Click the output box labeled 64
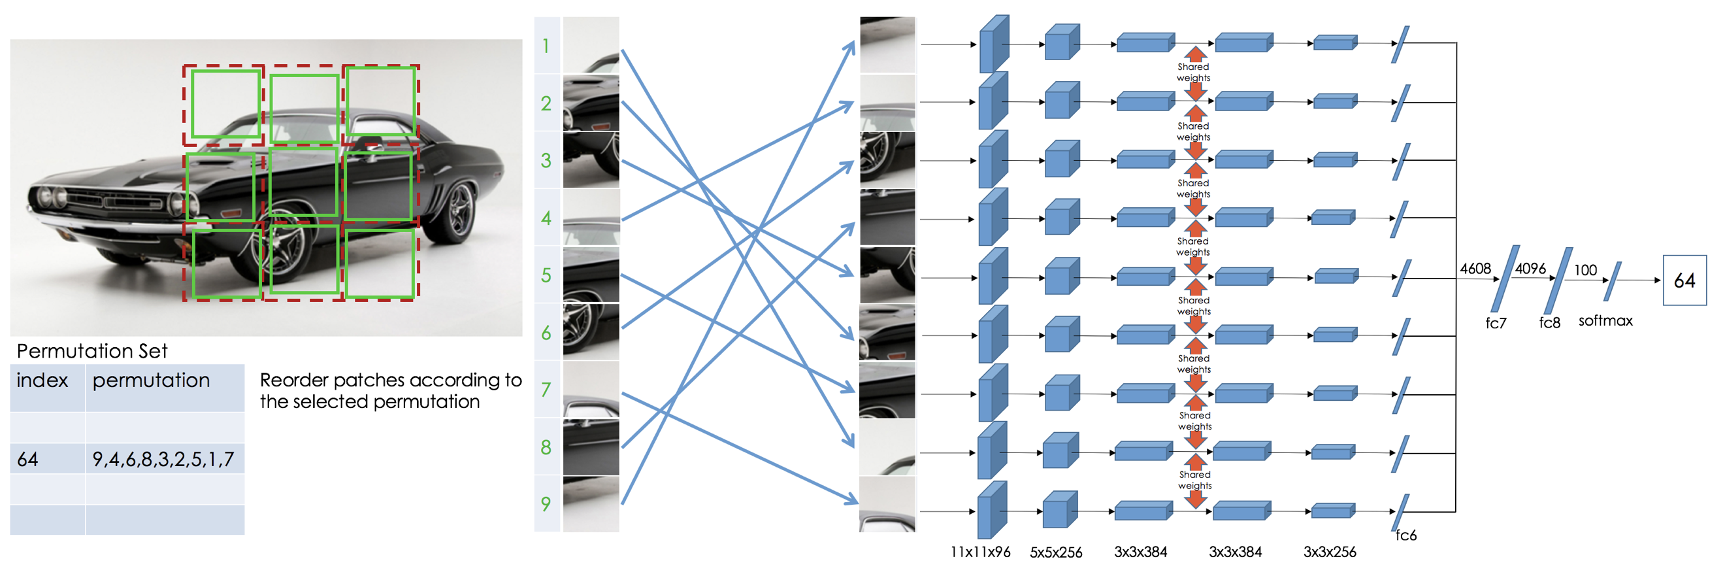(1684, 280)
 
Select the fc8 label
(1549, 323)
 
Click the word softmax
(1605, 321)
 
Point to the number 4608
(1475, 269)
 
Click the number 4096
(1530, 269)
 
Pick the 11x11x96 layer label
(979, 552)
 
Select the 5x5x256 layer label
(1055, 552)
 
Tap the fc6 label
(1405, 535)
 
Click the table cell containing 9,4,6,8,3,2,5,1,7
(163, 460)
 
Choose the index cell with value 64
(28, 460)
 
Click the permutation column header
(152, 381)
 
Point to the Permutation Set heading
(91, 351)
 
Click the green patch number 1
(546, 46)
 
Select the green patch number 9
(546, 503)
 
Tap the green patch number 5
(546, 275)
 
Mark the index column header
(42, 381)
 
